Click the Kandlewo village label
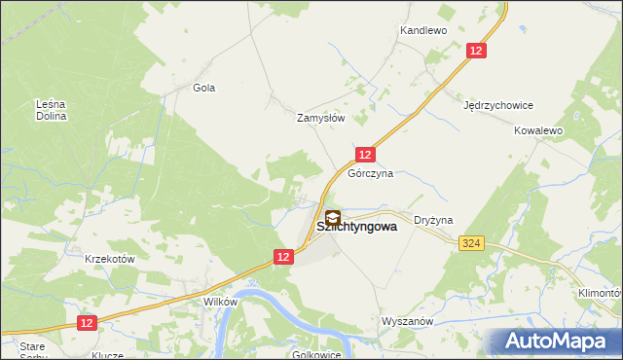tap(422, 31)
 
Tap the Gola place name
tap(203, 88)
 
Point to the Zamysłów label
tap(321, 118)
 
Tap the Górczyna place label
tap(371, 174)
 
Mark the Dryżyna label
tap(434, 221)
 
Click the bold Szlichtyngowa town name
tap(357, 227)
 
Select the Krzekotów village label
tap(109, 260)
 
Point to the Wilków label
tap(221, 302)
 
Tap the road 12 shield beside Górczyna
tap(365, 155)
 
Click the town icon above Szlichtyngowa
tap(333, 219)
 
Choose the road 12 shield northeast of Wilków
tap(282, 256)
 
